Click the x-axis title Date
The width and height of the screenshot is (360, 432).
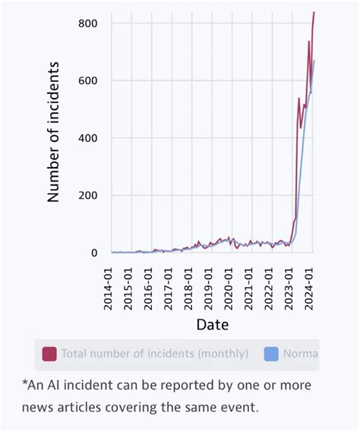point(212,324)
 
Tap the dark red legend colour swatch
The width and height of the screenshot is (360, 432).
point(49,354)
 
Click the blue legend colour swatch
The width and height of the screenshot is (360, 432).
point(271,354)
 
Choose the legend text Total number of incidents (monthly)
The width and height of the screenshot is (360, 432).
point(155,354)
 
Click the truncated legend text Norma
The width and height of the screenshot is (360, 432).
point(301,354)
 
